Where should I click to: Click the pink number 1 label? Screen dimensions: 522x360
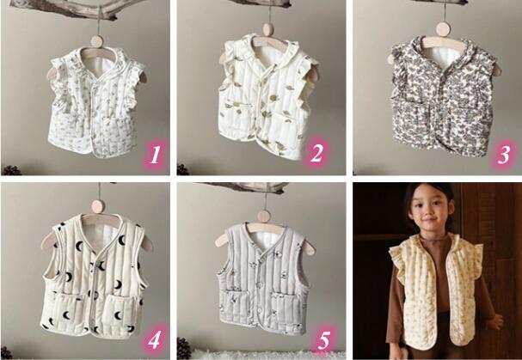tap(155, 155)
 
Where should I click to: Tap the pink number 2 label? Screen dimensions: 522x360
tap(316, 154)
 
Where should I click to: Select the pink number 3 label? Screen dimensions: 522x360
tap(504, 155)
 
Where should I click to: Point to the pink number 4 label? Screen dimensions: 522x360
tap(154, 339)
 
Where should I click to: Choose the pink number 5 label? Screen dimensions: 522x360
tap(323, 340)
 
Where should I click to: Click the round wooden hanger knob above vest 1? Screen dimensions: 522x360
tap(97, 41)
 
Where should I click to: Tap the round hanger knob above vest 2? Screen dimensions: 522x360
tap(268, 30)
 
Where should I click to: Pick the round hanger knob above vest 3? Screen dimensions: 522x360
tap(443, 29)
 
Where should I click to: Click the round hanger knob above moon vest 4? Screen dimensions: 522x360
tap(98, 206)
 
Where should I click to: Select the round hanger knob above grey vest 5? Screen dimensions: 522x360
tap(264, 217)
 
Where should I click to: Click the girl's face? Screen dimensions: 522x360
tap(430, 206)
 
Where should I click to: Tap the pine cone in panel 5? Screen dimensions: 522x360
tap(184, 348)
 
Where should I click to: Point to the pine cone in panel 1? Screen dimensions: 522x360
tap(12, 170)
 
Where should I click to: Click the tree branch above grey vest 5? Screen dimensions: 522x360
tap(246, 187)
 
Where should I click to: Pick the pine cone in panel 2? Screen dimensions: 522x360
tap(183, 169)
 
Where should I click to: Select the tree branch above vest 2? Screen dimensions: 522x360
tap(263, 3)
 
